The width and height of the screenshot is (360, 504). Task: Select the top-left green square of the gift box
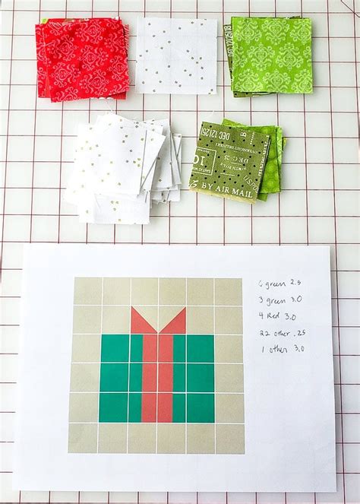pyautogui.click(x=115, y=349)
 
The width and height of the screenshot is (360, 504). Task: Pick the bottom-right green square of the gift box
pyautogui.click(x=201, y=407)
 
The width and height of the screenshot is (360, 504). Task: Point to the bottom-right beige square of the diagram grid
pyautogui.click(x=229, y=437)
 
